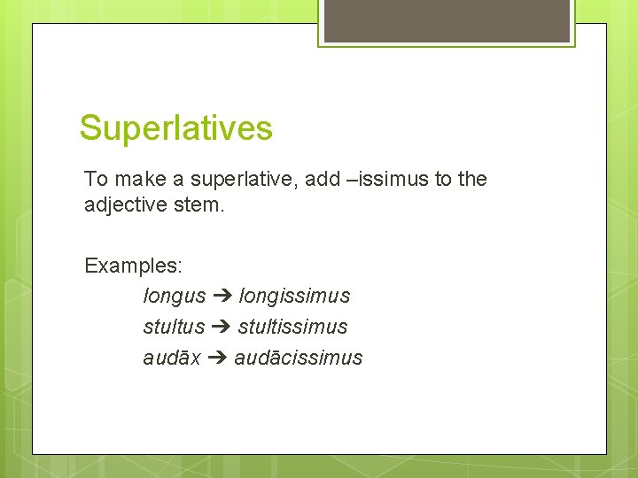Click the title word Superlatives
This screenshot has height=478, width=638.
pos(175,128)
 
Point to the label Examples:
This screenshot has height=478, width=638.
pos(133,265)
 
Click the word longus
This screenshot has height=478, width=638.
pos(174,296)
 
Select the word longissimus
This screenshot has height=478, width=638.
pos(294,296)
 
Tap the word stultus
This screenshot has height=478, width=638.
pos(174,327)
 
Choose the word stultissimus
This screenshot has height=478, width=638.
pos(292,327)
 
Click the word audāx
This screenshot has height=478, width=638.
pos(171,358)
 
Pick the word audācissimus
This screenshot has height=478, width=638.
pos(299,358)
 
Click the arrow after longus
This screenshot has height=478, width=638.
pos(222,296)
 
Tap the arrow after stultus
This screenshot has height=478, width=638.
pos(221,327)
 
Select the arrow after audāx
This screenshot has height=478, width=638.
pos(217,358)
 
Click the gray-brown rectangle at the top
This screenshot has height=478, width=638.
pos(447,20)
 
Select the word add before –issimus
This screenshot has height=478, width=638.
pos(323,179)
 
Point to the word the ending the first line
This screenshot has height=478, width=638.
pos(472,179)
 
